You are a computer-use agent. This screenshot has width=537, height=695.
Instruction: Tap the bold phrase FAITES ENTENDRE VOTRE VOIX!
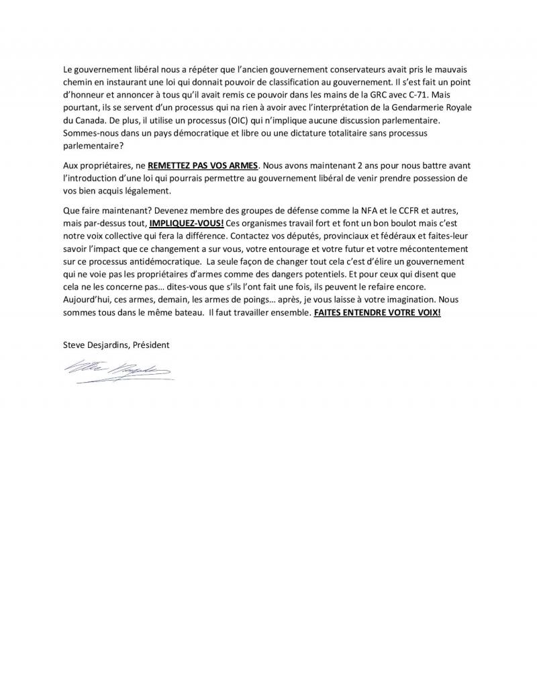(377, 313)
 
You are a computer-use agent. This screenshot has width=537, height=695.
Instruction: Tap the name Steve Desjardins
(93, 345)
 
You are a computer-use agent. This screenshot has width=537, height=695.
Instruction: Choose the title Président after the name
(150, 345)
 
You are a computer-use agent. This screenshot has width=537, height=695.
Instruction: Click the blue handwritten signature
(117, 370)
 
